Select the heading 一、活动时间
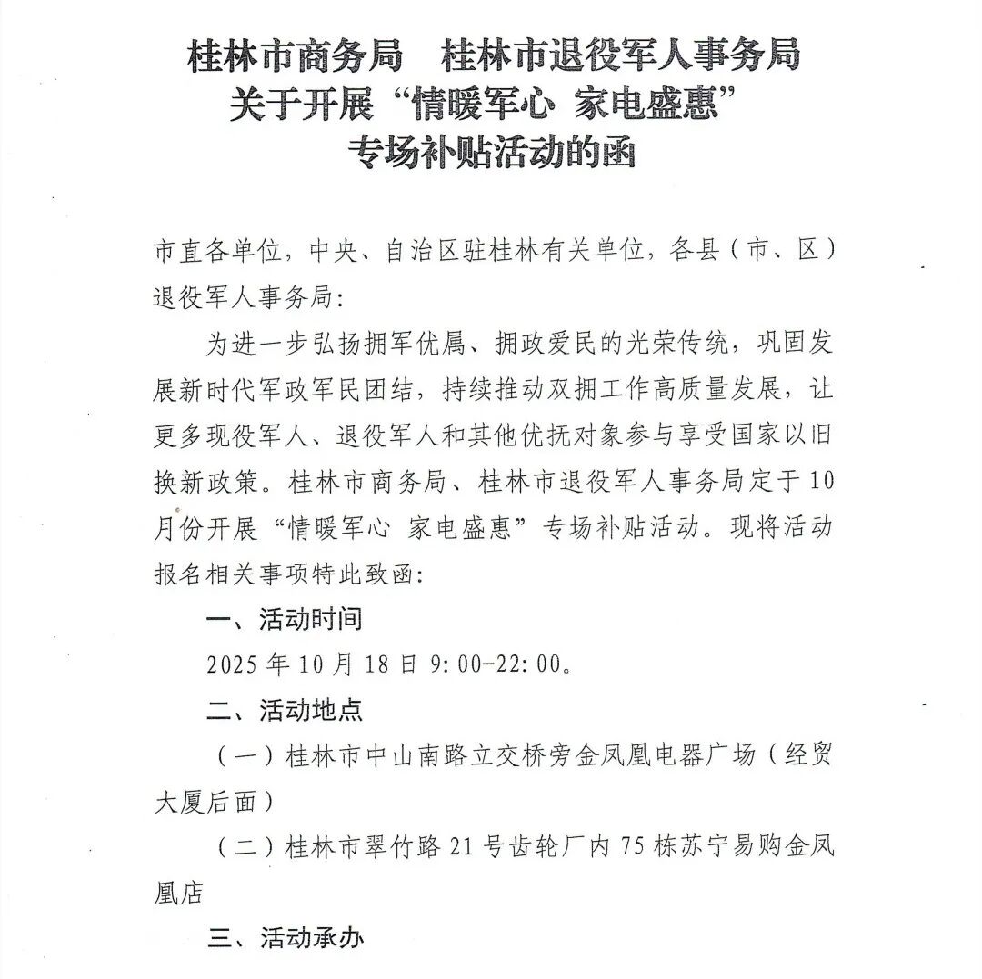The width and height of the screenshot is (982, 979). click(285, 620)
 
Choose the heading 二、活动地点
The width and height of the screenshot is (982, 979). click(285, 710)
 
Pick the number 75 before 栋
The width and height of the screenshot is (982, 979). click(631, 847)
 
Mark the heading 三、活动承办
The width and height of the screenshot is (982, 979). click(285, 937)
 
